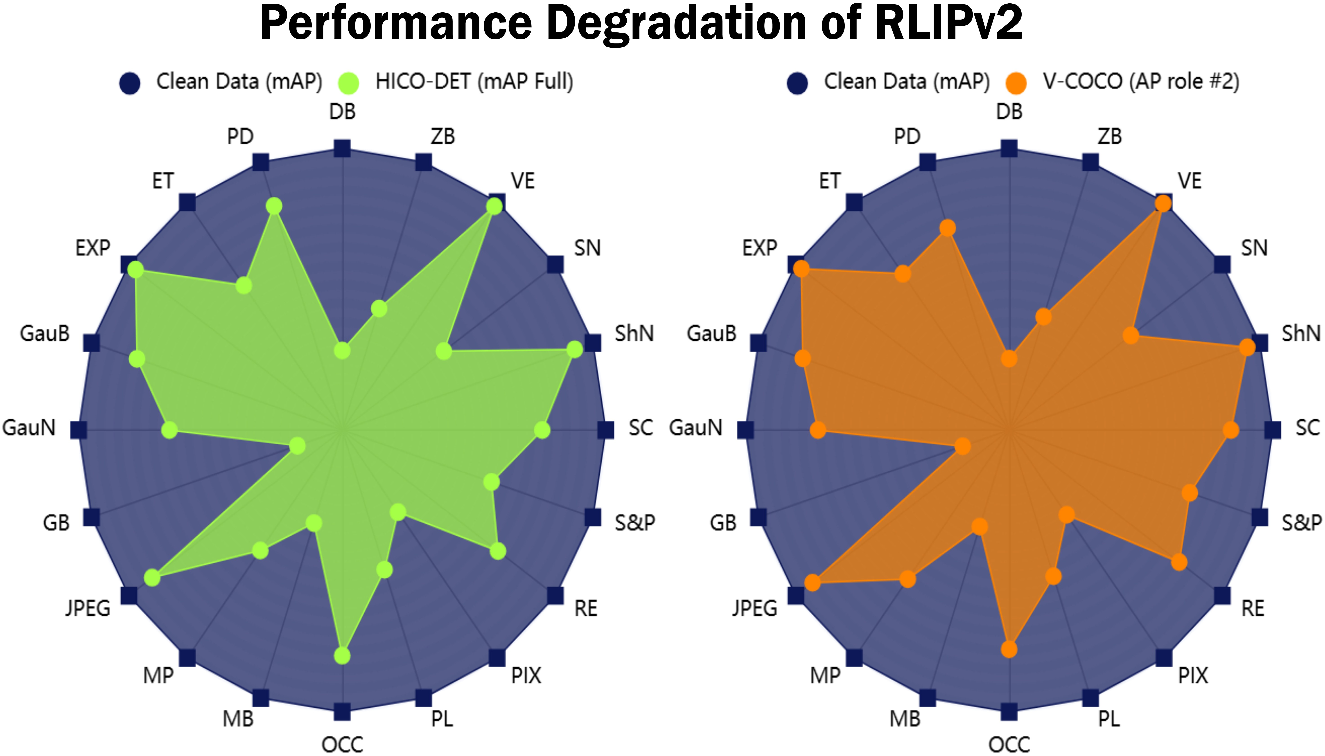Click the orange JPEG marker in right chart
(812, 583)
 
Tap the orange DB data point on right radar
(1009, 358)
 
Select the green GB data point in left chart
(297, 445)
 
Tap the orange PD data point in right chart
(947, 228)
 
